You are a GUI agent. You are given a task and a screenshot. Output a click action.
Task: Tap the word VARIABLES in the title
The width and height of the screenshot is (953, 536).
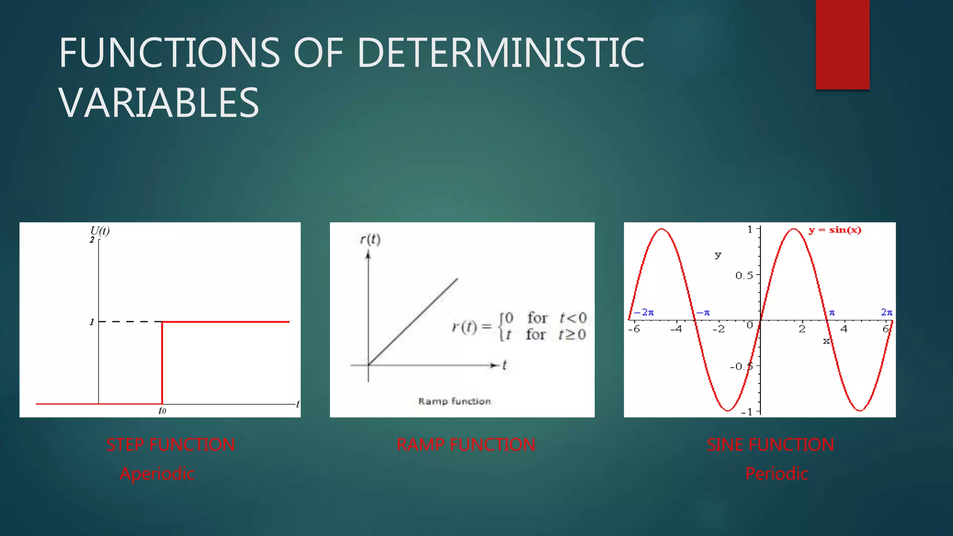coord(159,103)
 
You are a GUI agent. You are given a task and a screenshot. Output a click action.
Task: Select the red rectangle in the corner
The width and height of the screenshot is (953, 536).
coord(842,44)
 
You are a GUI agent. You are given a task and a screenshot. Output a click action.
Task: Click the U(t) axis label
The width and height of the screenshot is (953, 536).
coord(100,231)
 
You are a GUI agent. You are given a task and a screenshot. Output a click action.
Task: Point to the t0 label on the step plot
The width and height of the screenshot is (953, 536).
coord(162,410)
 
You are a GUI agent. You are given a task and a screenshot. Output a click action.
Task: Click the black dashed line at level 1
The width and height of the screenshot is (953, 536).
coord(130,322)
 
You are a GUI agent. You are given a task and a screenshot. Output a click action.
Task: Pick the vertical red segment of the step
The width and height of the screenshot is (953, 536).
coord(162,363)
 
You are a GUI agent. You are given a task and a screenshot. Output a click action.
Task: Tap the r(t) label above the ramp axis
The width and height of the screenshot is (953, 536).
coord(370,239)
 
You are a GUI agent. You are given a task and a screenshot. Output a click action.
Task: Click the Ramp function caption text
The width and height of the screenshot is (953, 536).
coord(454,401)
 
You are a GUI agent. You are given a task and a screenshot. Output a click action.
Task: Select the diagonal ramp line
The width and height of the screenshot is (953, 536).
coord(413,321)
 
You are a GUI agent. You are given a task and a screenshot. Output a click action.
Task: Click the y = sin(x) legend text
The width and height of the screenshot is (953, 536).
coord(835,230)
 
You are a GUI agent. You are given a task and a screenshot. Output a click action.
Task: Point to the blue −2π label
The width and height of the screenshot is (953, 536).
coord(644,312)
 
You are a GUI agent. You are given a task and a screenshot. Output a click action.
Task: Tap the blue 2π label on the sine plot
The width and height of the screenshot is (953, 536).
coord(886,312)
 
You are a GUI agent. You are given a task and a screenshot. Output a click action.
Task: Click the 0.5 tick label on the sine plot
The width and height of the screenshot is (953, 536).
coord(744,275)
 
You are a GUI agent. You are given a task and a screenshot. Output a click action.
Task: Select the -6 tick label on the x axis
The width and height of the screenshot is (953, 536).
coord(634,329)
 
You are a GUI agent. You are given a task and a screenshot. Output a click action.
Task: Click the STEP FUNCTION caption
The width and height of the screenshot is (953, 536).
coord(170,445)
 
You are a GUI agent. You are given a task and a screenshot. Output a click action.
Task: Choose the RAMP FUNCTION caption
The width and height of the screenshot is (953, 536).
coord(466,445)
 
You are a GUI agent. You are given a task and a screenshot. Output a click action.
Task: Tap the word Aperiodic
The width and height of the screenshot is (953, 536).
coord(157,474)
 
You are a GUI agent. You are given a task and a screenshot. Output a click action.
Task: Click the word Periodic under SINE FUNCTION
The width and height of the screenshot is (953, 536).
coord(777,474)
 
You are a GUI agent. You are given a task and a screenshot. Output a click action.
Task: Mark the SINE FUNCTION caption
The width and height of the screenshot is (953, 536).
coord(770,445)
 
